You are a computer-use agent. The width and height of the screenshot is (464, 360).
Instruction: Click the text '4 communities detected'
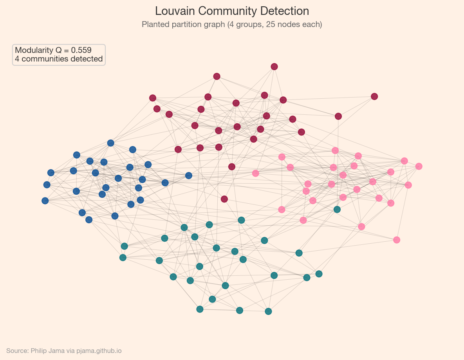coord(59,59)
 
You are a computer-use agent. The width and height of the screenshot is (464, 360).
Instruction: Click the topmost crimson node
coord(274,67)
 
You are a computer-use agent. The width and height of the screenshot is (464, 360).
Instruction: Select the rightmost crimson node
coord(374,96)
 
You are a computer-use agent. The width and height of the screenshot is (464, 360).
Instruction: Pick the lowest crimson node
coord(224,199)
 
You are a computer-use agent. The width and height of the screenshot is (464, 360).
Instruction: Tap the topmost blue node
coord(110,143)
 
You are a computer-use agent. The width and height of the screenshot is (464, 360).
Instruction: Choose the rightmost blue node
coord(189,175)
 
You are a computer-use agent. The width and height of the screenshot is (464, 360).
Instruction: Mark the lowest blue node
coord(89,219)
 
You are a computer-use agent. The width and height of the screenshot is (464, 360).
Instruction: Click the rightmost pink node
coord(419,166)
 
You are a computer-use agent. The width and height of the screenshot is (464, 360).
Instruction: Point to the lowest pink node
coord(397,240)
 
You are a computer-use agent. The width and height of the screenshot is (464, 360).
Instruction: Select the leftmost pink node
coord(255,173)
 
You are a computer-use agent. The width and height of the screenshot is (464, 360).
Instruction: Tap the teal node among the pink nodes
coord(337,209)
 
